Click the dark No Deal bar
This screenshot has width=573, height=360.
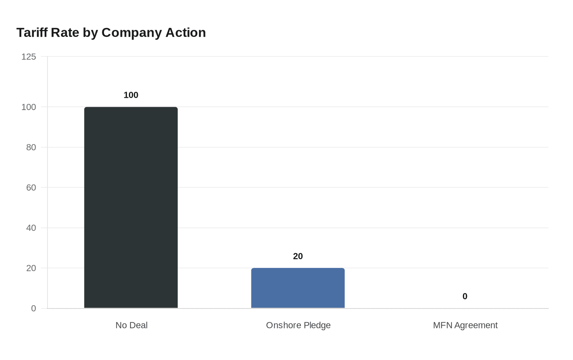tap(131, 207)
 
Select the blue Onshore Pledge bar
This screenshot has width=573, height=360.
tap(298, 288)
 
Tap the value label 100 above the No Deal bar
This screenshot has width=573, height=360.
tap(131, 95)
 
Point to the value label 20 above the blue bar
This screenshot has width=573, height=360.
tap(298, 256)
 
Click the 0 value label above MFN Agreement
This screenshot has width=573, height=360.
tap(465, 297)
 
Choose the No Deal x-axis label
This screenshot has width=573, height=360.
tap(131, 325)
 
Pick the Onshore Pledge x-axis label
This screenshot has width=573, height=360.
tap(298, 325)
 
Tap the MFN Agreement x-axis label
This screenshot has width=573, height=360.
tap(465, 325)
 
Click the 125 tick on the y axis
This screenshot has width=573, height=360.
tap(29, 57)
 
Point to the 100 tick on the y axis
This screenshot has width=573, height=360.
tap(29, 107)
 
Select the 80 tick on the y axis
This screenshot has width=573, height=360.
tap(31, 147)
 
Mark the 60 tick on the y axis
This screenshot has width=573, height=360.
tap(31, 188)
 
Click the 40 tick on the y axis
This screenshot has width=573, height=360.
tap(31, 228)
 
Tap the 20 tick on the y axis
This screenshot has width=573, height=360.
tap(31, 268)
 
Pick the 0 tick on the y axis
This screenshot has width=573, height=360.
tap(34, 308)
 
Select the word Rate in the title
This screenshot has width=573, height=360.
tap(65, 33)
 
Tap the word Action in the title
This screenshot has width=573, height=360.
tap(185, 33)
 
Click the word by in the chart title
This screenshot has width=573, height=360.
tap(91, 33)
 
